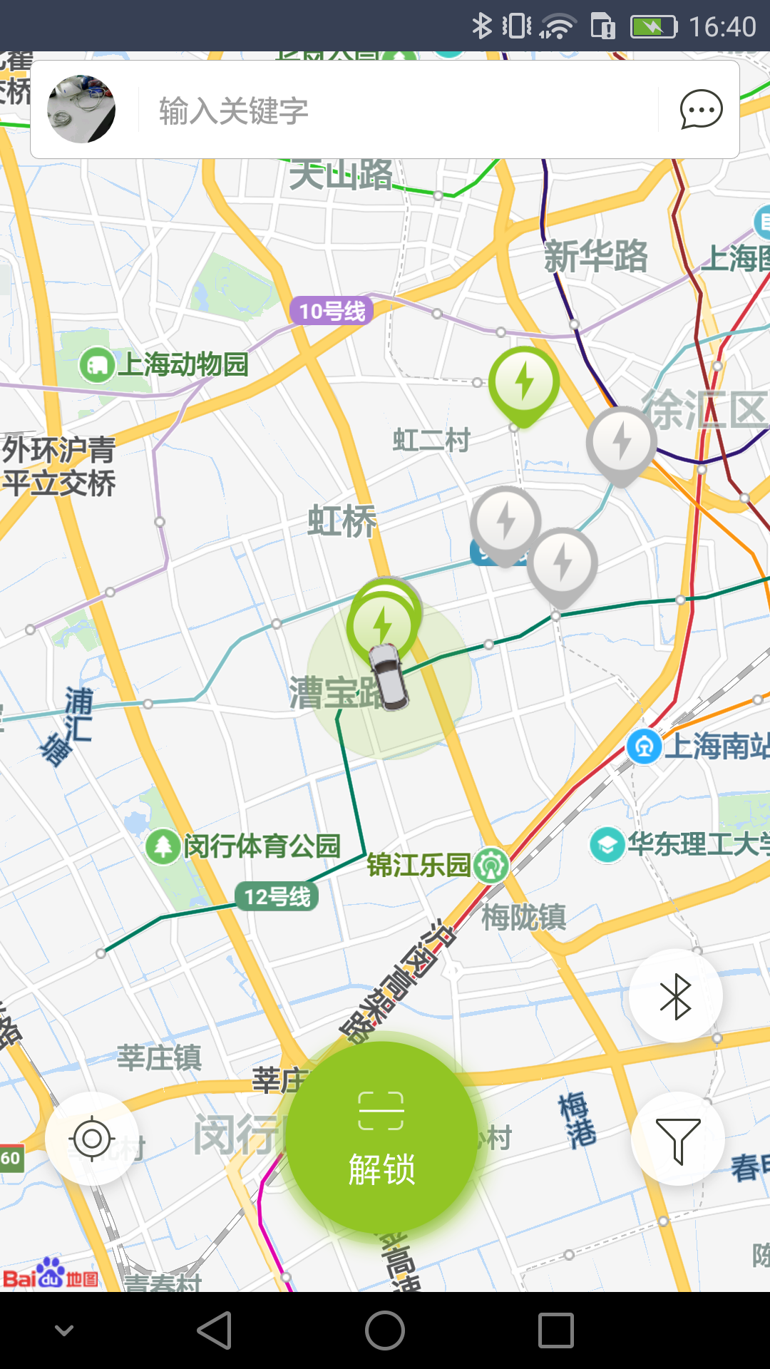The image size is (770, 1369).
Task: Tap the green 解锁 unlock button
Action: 382,1137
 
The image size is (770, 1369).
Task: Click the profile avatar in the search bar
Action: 81,109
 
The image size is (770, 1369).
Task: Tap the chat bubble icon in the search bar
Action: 701,110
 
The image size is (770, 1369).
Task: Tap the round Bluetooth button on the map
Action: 675,996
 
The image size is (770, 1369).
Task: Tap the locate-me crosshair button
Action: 92,1139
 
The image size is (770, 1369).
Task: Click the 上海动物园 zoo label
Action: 182,364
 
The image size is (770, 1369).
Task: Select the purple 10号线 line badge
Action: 332,311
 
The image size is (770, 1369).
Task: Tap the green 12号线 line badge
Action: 277,896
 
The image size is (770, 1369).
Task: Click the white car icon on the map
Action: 389,676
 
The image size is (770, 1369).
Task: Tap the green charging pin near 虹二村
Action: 524,383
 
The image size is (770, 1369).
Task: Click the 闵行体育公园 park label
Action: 261,846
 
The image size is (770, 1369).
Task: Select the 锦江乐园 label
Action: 419,865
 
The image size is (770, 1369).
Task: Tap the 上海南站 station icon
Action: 644,747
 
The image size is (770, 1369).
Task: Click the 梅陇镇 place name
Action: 523,917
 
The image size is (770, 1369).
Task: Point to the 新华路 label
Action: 595,257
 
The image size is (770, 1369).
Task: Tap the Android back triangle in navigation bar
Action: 215,1330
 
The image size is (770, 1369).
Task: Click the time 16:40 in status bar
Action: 722,27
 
